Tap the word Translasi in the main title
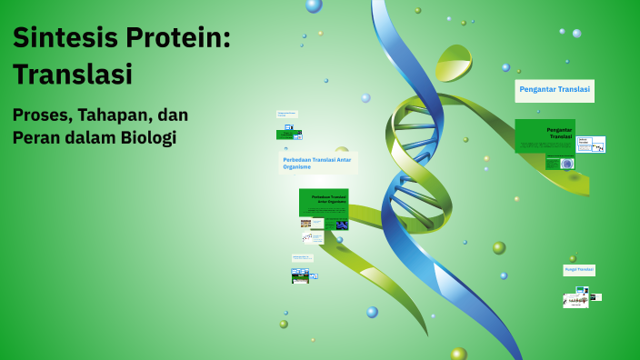(x=73, y=75)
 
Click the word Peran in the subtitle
(x=35, y=138)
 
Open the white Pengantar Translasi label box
(x=555, y=90)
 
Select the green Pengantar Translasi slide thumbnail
(x=544, y=135)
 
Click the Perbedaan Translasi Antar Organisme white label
(x=317, y=163)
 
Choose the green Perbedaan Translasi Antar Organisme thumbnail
(x=324, y=202)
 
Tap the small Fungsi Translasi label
(x=579, y=270)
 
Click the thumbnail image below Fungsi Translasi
(x=575, y=299)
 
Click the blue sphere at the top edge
(x=314, y=5)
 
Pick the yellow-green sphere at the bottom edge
(x=459, y=354)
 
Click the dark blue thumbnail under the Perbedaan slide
(x=342, y=225)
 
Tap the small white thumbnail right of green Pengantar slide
(x=591, y=145)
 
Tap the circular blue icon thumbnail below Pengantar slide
(x=567, y=164)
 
